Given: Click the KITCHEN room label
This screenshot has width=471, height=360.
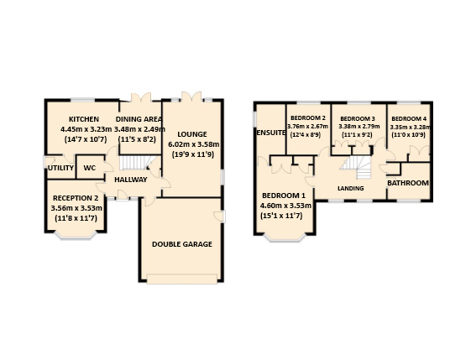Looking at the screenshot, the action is (84, 119).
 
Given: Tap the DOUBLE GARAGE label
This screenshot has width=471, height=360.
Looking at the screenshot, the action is (182, 244).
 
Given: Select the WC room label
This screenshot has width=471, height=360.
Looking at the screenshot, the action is (90, 168).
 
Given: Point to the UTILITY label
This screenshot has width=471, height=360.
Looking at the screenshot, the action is (61, 168).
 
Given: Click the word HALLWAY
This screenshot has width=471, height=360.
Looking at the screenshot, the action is (131, 180).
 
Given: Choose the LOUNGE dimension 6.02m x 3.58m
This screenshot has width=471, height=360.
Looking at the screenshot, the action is (194, 144).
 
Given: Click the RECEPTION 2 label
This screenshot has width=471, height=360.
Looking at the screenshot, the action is (76, 198).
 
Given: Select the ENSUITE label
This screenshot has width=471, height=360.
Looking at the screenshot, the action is (270, 133).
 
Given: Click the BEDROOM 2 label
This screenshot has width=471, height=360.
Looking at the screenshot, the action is (308, 118).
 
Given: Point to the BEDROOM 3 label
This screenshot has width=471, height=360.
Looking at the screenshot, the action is (358, 118).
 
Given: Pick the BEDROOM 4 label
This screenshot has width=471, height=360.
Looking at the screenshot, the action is (409, 118).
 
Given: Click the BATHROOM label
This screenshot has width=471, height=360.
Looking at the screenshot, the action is (408, 183).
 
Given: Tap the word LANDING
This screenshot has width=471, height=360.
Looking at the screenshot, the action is (351, 188).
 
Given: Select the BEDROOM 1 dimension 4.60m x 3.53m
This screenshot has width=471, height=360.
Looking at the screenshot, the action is (285, 206).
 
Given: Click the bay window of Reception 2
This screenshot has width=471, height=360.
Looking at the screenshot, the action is (76, 235).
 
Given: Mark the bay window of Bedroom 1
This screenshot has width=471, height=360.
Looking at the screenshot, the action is (285, 237).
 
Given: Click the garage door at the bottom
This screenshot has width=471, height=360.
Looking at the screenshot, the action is (182, 279).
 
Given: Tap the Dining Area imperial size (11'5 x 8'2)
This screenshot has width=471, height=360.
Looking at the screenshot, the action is (137, 139).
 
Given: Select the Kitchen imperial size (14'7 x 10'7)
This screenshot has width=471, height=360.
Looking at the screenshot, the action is (86, 139).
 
